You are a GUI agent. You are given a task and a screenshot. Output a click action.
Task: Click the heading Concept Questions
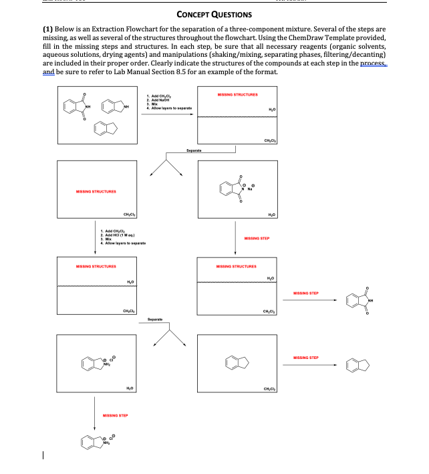point(214,14)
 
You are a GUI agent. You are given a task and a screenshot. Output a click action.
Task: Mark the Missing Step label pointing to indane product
point(323,358)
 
